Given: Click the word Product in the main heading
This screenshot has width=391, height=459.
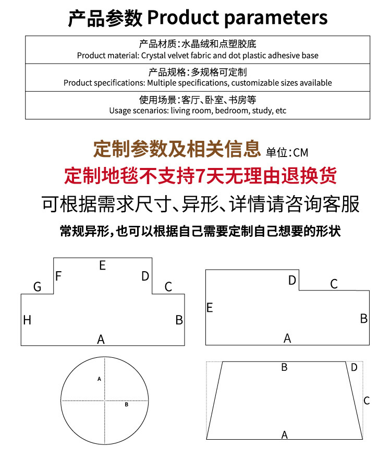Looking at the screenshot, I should click(x=183, y=18).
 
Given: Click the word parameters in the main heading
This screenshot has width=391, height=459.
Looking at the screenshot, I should click(x=276, y=18).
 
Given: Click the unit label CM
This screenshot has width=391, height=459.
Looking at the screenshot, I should click(x=301, y=152).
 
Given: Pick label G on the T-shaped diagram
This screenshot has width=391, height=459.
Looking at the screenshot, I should click(x=37, y=286).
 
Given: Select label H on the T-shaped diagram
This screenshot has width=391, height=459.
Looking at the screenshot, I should click(x=27, y=320).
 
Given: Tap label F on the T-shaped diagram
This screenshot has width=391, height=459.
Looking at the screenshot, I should click(x=58, y=276).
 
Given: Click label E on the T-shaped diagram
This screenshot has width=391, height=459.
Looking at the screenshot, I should click(x=102, y=265).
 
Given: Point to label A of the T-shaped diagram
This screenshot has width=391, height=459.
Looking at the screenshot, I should click(x=101, y=340).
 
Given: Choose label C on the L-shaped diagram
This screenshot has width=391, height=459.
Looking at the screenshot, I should click(x=334, y=284).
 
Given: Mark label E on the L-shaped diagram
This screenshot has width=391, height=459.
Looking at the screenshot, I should click(x=210, y=308).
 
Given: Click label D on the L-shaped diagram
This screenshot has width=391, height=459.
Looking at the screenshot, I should click(x=292, y=281).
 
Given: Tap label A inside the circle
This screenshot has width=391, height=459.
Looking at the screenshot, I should click(x=99, y=379).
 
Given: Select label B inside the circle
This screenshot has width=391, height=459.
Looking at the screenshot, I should click(x=127, y=404).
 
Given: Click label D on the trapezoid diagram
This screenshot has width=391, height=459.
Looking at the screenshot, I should click(x=355, y=368).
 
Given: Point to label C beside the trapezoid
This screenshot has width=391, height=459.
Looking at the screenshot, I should click(x=366, y=401).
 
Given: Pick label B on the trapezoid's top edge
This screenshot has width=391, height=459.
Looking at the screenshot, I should click(x=284, y=367).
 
